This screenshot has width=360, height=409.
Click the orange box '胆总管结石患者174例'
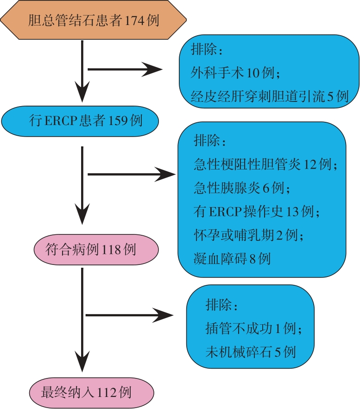[x=94, y=21]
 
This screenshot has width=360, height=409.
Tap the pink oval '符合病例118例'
[x=96, y=250]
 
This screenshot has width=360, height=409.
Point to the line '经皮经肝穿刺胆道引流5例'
[x=269, y=96]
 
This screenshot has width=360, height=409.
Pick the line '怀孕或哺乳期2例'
[x=248, y=235]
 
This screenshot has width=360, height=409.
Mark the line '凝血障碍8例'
[x=232, y=258]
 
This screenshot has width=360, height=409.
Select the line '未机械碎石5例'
[x=250, y=352]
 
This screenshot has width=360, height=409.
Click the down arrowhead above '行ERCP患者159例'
[x=82, y=95]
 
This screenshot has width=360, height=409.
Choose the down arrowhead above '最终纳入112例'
[x=82, y=364]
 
